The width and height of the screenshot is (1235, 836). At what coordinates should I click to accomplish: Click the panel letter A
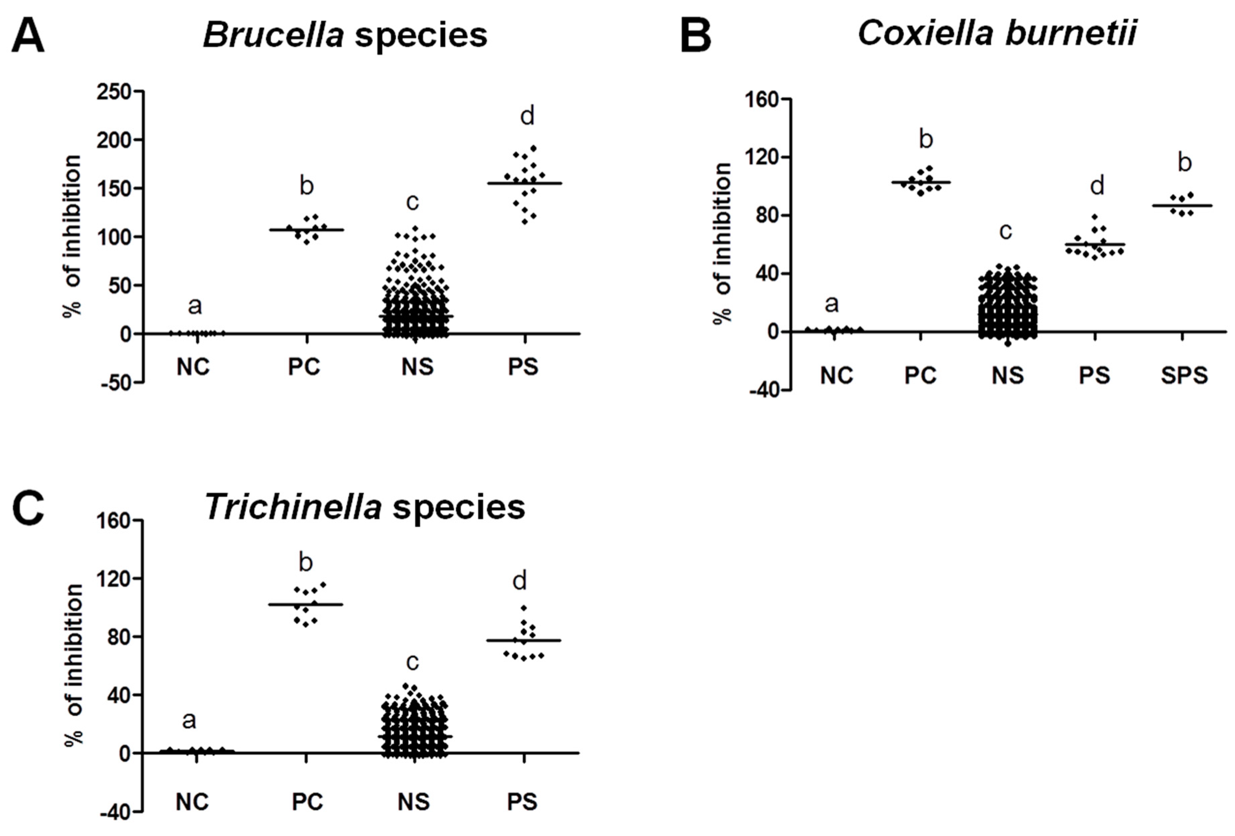28,36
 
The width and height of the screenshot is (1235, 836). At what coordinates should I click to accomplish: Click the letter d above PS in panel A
526,116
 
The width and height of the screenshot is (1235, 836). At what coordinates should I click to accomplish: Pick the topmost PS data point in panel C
524,608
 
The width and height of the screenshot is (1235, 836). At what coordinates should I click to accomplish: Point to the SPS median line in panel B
1183,206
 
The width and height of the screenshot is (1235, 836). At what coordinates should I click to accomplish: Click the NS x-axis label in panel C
414,802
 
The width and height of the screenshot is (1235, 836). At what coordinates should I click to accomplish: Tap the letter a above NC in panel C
189,721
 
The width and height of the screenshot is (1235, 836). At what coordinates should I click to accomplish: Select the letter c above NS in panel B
1005,231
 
